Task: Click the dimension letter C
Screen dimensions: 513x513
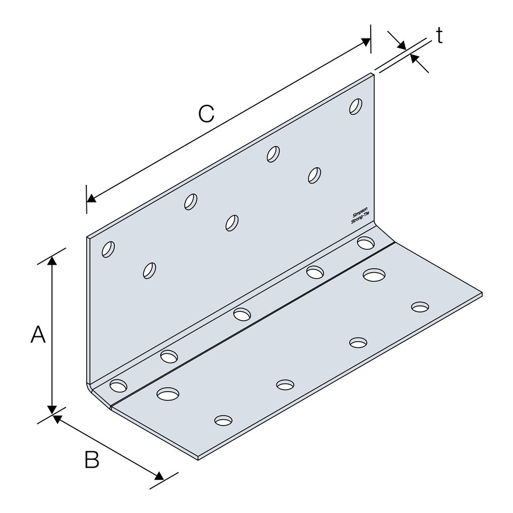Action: (206, 114)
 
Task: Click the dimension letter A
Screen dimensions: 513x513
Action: (38, 334)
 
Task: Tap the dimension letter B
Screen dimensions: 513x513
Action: (92, 459)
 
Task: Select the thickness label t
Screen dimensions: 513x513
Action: (440, 36)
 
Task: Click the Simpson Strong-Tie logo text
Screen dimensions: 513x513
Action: (360, 216)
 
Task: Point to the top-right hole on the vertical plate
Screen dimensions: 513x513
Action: (356, 107)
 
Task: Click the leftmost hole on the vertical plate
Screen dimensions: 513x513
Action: (108, 250)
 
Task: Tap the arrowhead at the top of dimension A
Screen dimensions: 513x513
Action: (52, 261)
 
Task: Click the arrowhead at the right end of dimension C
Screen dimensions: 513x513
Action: (366, 41)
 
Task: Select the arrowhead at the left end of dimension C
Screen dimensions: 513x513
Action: (92, 198)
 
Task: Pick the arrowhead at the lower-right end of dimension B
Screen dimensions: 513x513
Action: (159, 476)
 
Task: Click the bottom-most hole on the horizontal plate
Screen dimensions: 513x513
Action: (223, 420)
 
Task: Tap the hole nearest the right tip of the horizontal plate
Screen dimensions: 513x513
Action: (420, 307)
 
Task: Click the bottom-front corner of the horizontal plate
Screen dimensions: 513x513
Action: (198, 458)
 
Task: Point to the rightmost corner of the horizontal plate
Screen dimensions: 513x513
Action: (482, 294)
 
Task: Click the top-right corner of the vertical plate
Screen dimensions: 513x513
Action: (374, 74)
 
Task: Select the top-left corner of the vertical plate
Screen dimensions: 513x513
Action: (87, 236)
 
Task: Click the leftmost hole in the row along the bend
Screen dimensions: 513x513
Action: (118, 385)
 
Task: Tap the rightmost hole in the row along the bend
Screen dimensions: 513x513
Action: (366, 243)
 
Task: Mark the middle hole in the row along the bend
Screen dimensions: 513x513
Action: (242, 314)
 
